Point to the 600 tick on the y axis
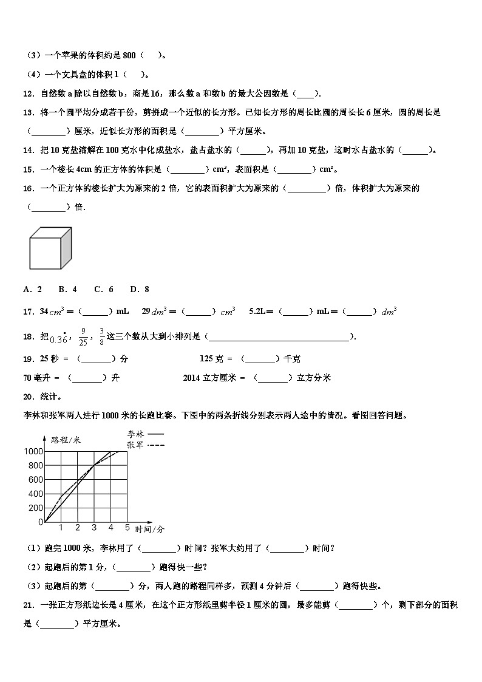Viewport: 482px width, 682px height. click(x=36, y=480)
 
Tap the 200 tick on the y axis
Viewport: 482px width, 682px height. click(x=36, y=508)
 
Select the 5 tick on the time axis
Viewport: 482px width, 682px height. click(x=127, y=527)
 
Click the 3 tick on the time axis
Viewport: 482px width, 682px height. click(x=94, y=527)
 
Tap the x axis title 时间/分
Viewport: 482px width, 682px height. click(x=149, y=529)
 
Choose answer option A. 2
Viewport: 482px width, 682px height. click(x=32, y=290)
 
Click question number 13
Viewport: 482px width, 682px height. click(x=28, y=112)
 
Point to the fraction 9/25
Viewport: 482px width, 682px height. click(x=83, y=336)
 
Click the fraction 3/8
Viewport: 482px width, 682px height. click(x=101, y=336)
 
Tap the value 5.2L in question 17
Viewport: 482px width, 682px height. click(x=259, y=312)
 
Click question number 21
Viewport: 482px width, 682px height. click(x=28, y=605)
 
